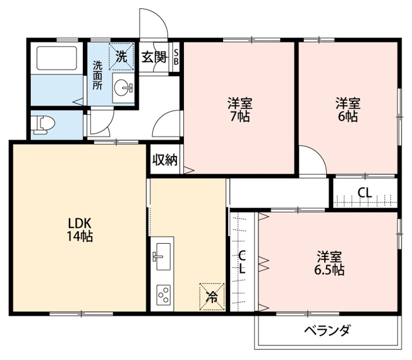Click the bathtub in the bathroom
click(56, 58)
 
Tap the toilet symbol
click(43, 125)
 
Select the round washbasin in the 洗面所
click(123, 88)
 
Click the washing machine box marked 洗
click(121, 56)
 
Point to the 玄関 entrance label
click(154, 57)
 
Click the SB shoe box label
click(176, 57)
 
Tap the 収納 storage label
click(165, 159)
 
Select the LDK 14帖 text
click(80, 230)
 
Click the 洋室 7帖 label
click(240, 110)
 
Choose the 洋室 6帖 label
click(348, 110)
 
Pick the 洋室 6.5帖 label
click(329, 263)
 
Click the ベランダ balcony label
click(327, 330)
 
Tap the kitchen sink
click(163, 256)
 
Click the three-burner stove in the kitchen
click(164, 295)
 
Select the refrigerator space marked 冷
click(212, 297)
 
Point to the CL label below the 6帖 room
click(365, 193)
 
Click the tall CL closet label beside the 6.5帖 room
click(242, 262)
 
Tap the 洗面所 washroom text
click(97, 75)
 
